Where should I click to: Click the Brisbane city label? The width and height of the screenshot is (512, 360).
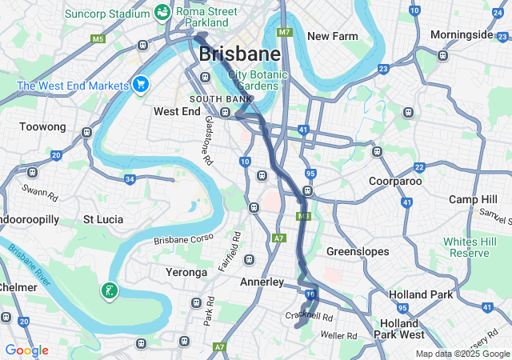point(239,54)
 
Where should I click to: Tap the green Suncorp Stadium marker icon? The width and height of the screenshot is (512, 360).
point(162,12)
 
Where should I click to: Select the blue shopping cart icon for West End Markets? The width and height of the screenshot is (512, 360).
point(141,84)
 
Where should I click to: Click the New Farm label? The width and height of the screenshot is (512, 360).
point(332,36)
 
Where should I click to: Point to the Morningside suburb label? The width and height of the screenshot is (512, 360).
point(462,34)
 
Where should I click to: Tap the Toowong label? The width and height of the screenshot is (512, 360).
point(42,126)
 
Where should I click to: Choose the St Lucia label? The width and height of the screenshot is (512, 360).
point(102,218)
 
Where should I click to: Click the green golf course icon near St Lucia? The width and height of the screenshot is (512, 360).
point(109,290)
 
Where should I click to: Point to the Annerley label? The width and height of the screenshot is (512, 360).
point(262,282)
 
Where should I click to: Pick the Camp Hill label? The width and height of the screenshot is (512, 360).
point(474,198)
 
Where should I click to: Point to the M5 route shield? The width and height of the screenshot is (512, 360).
point(98,38)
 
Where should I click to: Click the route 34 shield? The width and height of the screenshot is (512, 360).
point(130,178)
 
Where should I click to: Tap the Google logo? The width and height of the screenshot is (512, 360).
point(26,350)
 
